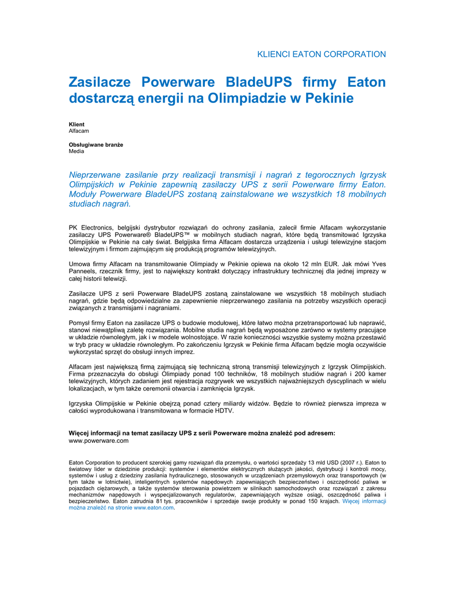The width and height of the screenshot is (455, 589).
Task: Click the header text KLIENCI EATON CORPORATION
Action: pos(321,54)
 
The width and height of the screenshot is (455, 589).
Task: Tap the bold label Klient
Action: pos(77,124)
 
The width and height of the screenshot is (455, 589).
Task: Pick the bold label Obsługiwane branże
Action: pos(96,144)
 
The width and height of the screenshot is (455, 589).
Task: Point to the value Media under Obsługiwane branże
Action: pos(77,151)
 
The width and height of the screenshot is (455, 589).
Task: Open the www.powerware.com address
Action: pos(98,440)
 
